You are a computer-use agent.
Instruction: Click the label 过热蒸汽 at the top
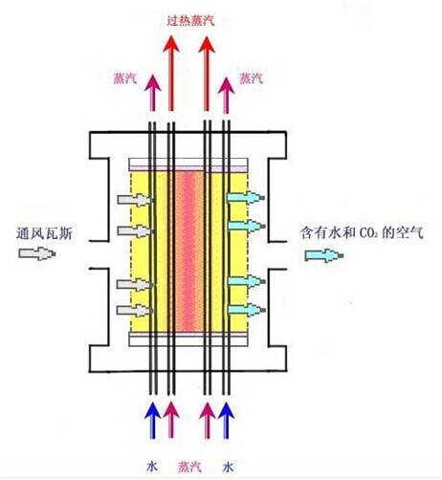tap(190, 21)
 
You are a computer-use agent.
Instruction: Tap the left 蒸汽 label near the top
tap(125, 78)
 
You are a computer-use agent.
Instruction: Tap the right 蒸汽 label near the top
tap(252, 78)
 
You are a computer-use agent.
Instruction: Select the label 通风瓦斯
tap(45, 233)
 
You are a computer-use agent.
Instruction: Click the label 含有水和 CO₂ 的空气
tap(362, 233)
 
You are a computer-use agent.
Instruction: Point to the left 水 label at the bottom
tap(152, 467)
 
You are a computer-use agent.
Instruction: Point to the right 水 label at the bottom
tap(228, 468)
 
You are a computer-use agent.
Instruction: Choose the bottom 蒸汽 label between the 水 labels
tap(189, 467)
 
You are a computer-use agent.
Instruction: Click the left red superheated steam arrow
tap(171, 74)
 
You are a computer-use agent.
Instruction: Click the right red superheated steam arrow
tap(207, 74)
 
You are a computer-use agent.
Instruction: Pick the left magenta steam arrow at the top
tap(153, 93)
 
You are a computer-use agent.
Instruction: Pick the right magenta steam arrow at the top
tap(226, 96)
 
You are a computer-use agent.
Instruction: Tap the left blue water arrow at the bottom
tap(153, 421)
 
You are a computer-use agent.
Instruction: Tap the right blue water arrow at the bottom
tap(227, 421)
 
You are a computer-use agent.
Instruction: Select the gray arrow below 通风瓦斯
tap(37, 253)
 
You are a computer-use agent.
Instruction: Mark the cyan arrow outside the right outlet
tap(324, 255)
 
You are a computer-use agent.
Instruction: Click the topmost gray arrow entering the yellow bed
tap(135, 200)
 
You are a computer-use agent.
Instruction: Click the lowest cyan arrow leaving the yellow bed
tap(246, 310)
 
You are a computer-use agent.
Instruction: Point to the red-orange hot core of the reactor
tap(189, 251)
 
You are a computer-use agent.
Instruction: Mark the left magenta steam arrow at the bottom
tap(171, 421)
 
